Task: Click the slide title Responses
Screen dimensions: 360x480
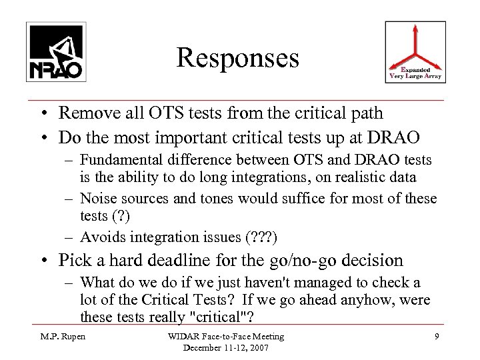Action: (238, 58)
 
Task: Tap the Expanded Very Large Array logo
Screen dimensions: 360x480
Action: (415, 52)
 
